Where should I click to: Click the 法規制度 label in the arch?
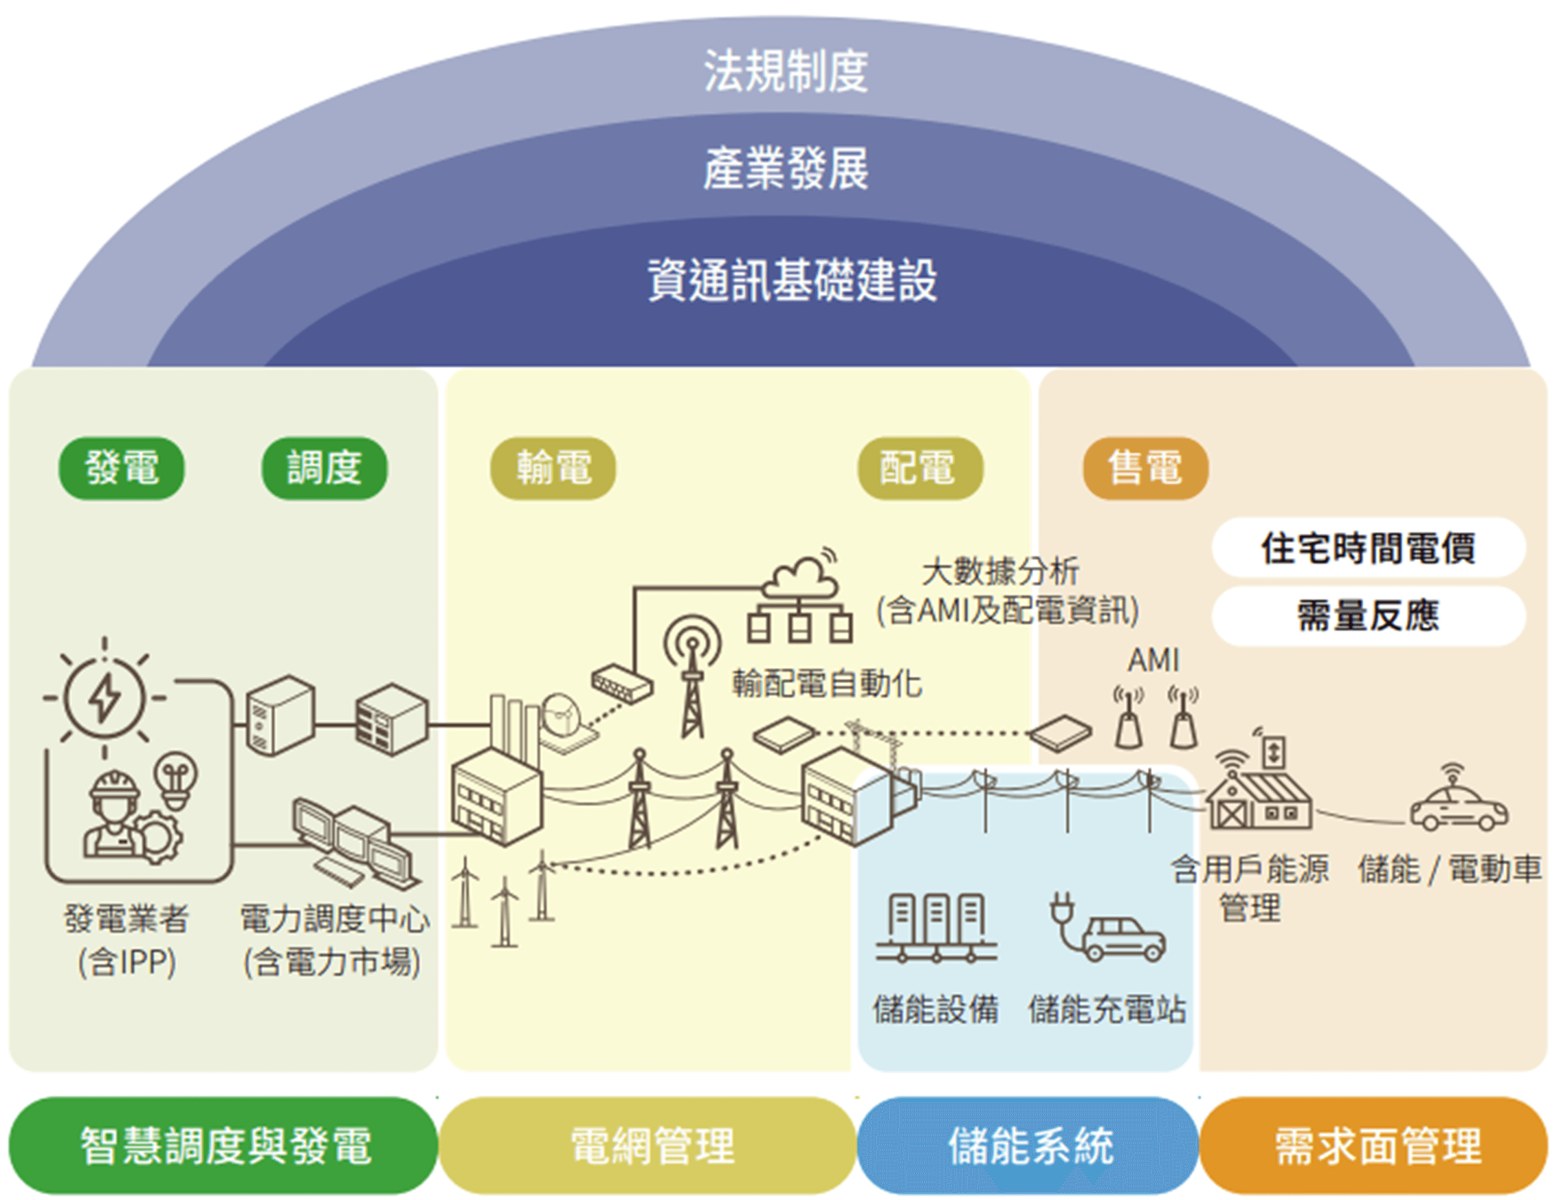click(x=786, y=71)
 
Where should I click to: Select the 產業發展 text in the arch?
click(x=786, y=168)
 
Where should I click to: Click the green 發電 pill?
click(x=122, y=468)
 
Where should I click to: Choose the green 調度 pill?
click(x=324, y=468)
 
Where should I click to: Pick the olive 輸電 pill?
click(x=553, y=468)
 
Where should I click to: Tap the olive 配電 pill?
click(x=920, y=468)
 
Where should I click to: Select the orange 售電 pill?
click(x=1146, y=468)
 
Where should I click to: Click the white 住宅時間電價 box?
click(x=1369, y=548)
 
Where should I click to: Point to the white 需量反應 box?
click(x=1369, y=616)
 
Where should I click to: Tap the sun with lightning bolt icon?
click(x=104, y=697)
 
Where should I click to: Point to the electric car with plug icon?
click(x=1107, y=927)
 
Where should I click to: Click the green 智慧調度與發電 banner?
click(x=223, y=1146)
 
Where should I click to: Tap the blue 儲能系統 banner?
click(x=1028, y=1146)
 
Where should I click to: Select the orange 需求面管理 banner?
click(x=1374, y=1146)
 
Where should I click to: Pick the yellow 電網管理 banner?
click(x=648, y=1146)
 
